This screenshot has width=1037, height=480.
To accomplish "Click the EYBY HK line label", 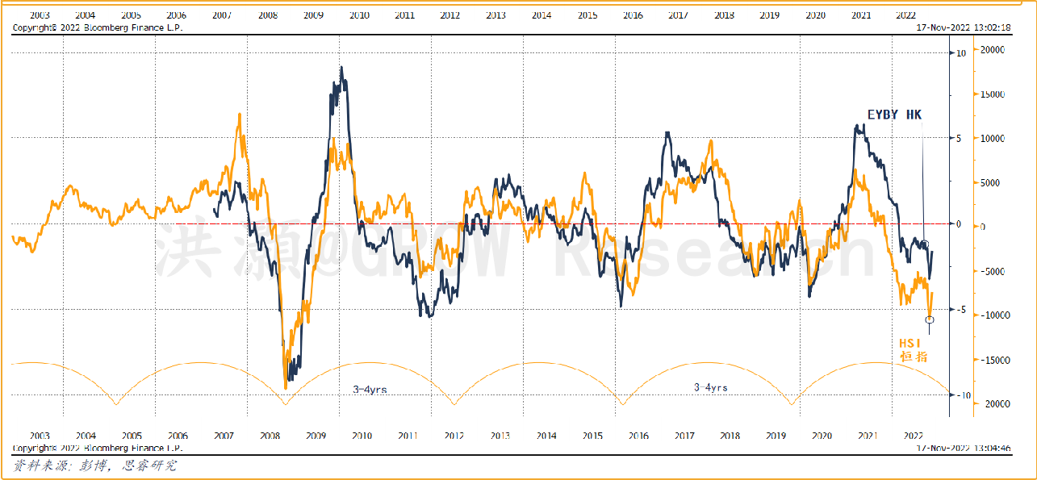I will coord(893,115).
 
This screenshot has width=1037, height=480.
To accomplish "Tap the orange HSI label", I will coord(910,343).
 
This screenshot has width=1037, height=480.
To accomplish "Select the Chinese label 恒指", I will coord(914,356).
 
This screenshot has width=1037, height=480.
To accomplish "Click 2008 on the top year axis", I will coord(269,15).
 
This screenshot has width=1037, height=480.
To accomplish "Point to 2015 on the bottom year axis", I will coord(592,436).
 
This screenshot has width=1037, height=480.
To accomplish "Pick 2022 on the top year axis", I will coord(906,15).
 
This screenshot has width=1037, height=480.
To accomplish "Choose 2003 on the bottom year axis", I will coord(40,436).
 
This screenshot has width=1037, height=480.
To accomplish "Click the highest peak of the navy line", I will coord(341,68).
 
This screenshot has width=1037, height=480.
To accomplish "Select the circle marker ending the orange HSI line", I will coord(930,320).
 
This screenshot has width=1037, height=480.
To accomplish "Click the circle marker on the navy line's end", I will coord(926,244).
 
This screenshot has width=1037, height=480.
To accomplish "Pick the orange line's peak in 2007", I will coord(239,115).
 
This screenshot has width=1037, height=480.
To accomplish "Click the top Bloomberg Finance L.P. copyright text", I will coord(97,27).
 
